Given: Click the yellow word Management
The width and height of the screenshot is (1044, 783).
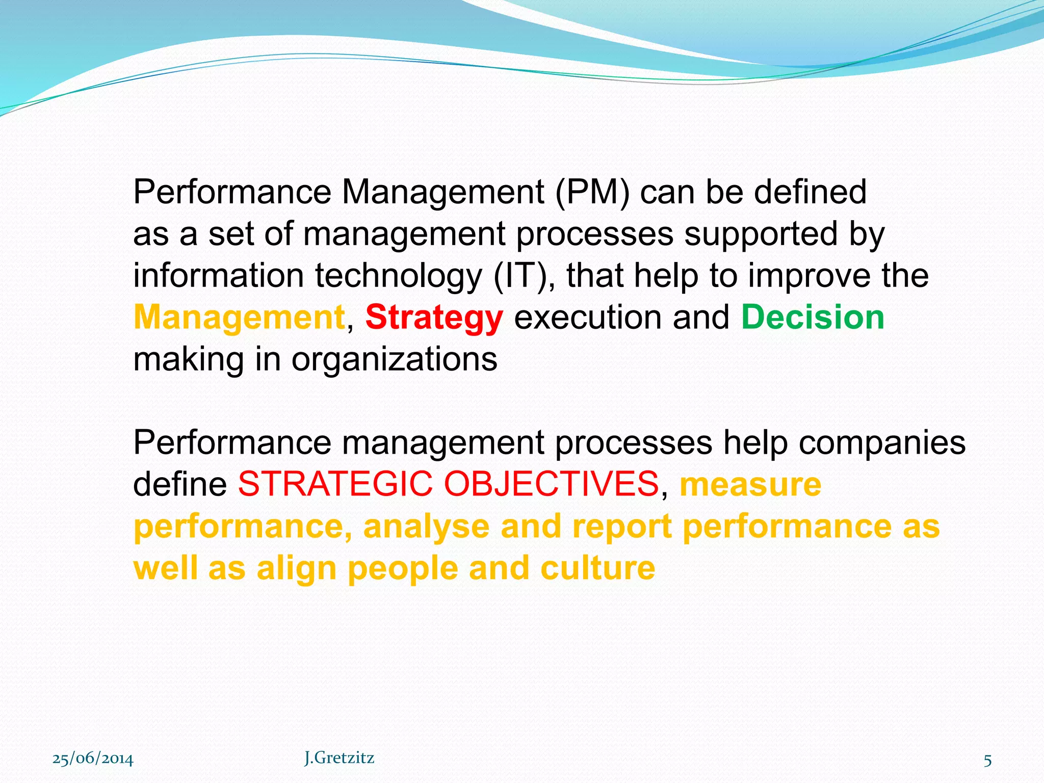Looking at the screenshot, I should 239,318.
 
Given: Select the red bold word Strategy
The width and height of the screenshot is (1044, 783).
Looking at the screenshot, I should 434,318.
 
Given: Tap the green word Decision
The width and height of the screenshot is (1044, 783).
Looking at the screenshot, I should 813,318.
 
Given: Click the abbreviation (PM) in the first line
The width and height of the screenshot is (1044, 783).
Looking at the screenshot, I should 592,192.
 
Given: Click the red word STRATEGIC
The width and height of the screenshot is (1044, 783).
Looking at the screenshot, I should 335,484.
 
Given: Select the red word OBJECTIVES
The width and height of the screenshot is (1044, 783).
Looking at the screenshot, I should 551,484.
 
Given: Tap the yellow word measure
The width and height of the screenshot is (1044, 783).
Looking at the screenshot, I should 750,484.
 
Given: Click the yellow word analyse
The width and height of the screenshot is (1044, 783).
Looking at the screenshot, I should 426,527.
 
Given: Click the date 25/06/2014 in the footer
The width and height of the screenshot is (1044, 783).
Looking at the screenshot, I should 93,759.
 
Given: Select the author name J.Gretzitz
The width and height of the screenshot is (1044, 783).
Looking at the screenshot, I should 339,758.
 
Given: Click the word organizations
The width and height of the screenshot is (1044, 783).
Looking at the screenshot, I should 394,359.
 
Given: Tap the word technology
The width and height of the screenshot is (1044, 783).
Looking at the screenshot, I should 398,276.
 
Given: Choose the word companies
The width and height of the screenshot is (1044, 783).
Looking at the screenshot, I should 882,442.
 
